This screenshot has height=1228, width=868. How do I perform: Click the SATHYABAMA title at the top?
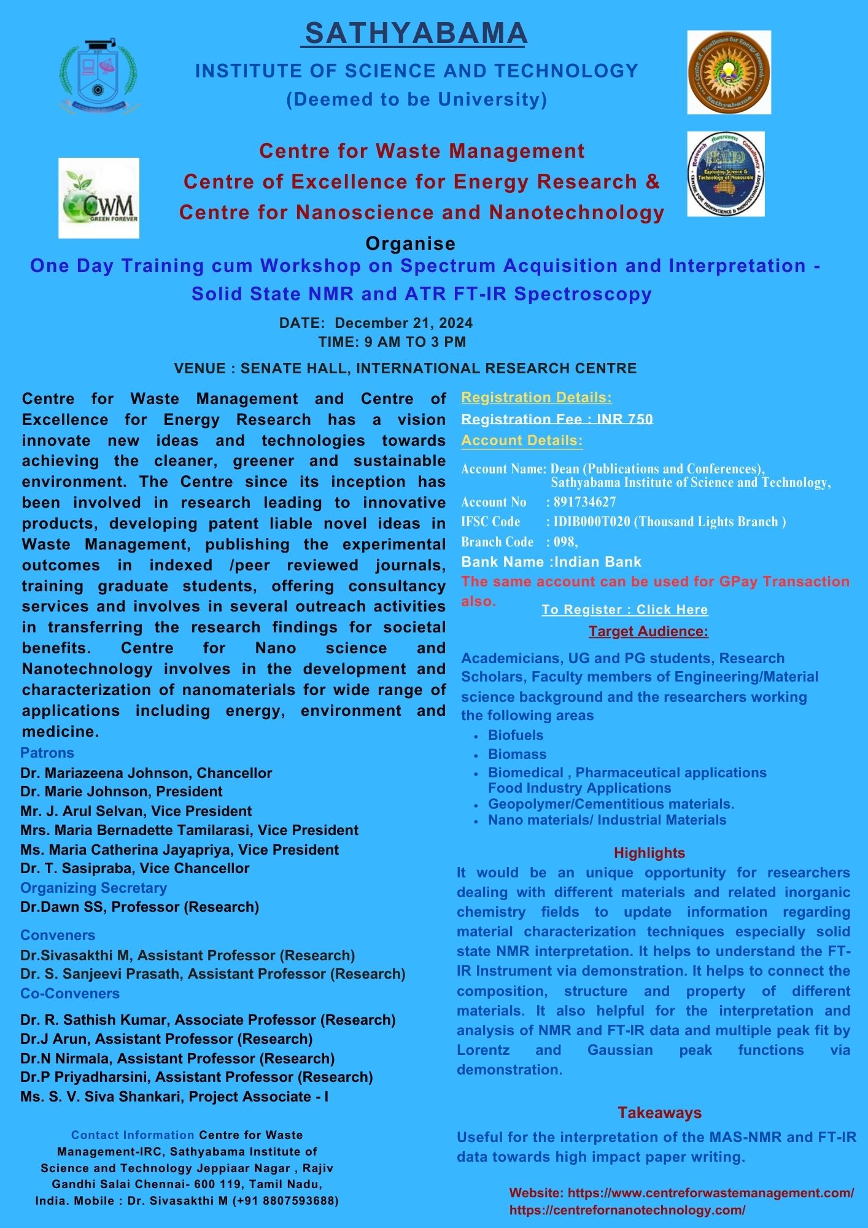(416, 34)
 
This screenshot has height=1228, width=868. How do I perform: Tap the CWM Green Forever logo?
(99, 198)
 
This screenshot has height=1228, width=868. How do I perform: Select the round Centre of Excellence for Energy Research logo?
(729, 72)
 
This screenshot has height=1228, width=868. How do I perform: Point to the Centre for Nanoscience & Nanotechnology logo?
(726, 174)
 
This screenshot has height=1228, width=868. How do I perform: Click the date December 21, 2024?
(403, 323)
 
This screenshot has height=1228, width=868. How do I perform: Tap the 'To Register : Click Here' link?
(624, 610)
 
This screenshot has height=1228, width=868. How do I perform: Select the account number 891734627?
(584, 502)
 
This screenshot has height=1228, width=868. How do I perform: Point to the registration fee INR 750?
(624, 419)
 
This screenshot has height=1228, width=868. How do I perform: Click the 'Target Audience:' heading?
(648, 631)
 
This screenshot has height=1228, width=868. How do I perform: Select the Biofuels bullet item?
(516, 735)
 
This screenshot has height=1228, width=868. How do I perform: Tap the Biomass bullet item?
(517, 754)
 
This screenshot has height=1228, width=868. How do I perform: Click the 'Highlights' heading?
(649, 853)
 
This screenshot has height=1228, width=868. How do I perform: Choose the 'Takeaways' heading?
(659, 1113)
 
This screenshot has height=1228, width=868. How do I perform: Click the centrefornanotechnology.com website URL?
(627, 1210)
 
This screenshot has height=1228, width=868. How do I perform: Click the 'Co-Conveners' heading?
(70, 993)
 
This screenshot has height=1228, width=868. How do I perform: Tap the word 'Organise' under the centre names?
(410, 244)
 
